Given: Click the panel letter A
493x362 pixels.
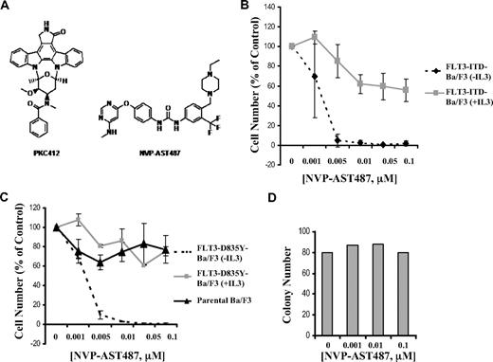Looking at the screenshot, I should tap(7, 8).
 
